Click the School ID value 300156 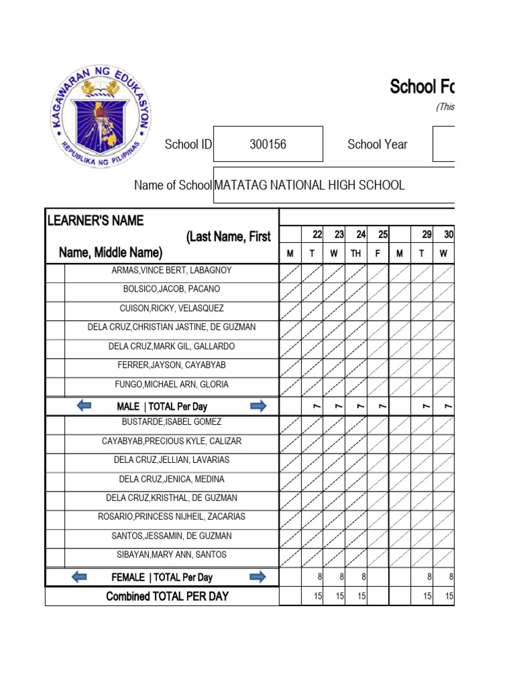pyautogui.click(x=268, y=144)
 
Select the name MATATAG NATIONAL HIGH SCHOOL pyautogui.click(x=309, y=185)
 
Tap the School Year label pyautogui.click(x=377, y=144)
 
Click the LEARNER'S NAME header pyautogui.click(x=96, y=221)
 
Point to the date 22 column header pyautogui.click(x=317, y=234)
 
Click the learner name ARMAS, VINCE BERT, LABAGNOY pyautogui.click(x=172, y=270)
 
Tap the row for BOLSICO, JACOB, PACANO pyautogui.click(x=172, y=290)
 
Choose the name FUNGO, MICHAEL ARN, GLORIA pyautogui.click(x=172, y=385)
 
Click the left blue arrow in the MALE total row pyautogui.click(x=84, y=406)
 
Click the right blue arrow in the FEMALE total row pyautogui.click(x=257, y=577)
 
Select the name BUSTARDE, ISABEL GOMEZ pyautogui.click(x=172, y=422)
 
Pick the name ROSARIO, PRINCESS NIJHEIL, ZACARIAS pyautogui.click(x=172, y=517)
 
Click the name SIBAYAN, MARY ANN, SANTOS pyautogui.click(x=172, y=555)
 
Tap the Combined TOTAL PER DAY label pyautogui.click(x=167, y=596)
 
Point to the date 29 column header pyautogui.click(x=427, y=234)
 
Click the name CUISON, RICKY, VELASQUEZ pyautogui.click(x=172, y=308)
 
